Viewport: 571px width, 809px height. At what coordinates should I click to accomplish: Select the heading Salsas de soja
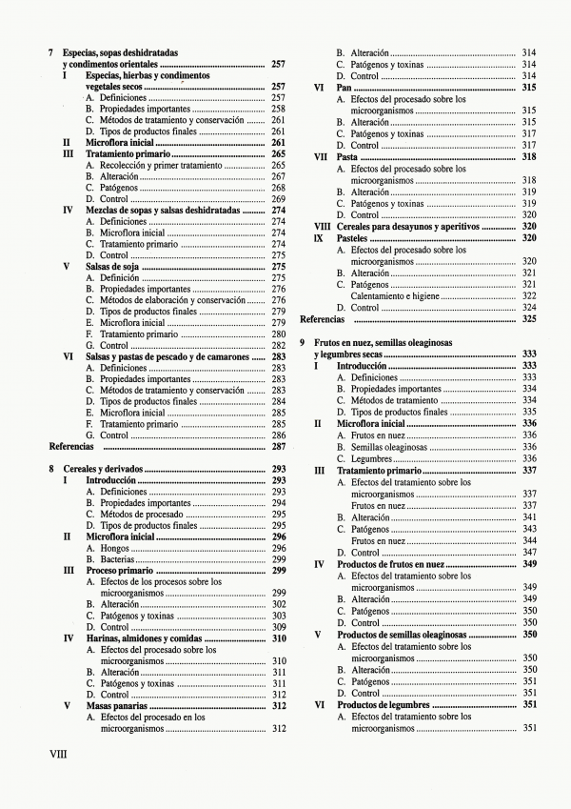(x=110, y=267)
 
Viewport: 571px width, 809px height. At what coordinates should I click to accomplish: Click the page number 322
(x=529, y=295)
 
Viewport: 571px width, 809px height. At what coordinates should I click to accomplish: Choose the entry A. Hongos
(x=106, y=548)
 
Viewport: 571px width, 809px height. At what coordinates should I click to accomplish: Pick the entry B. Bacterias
(x=109, y=559)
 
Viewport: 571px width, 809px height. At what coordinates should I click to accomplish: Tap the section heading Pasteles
(x=356, y=237)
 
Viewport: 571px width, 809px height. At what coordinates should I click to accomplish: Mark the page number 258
(x=279, y=109)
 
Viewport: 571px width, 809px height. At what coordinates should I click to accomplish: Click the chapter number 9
(x=303, y=342)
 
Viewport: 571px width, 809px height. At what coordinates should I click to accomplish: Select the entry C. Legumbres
(x=365, y=458)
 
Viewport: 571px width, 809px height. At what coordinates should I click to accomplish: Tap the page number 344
(x=529, y=539)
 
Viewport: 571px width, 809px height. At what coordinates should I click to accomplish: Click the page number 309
(x=279, y=627)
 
